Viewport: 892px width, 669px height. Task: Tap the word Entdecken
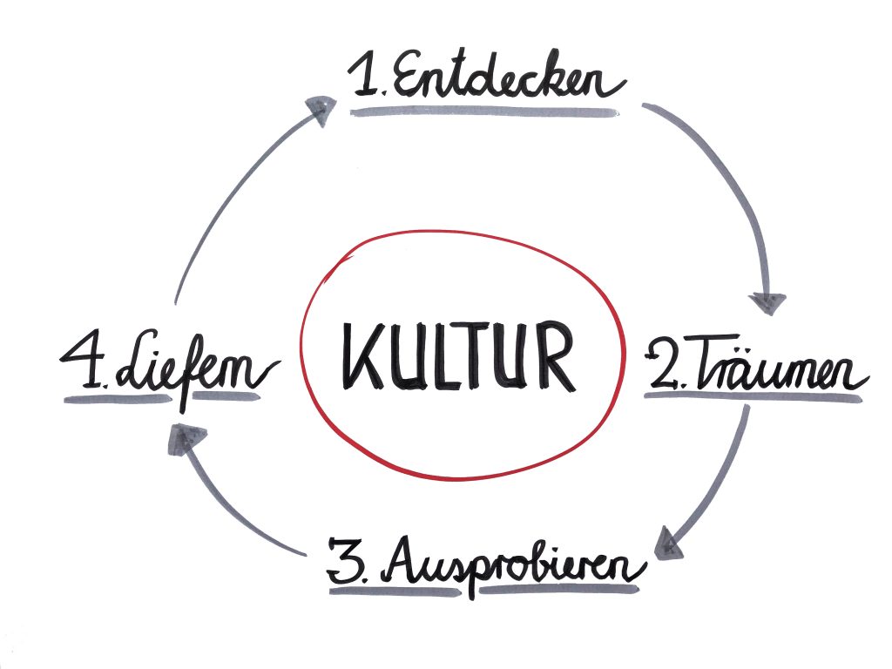(x=509, y=81)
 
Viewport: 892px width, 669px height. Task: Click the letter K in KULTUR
(x=359, y=356)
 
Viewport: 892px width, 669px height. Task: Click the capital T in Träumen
(x=705, y=366)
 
